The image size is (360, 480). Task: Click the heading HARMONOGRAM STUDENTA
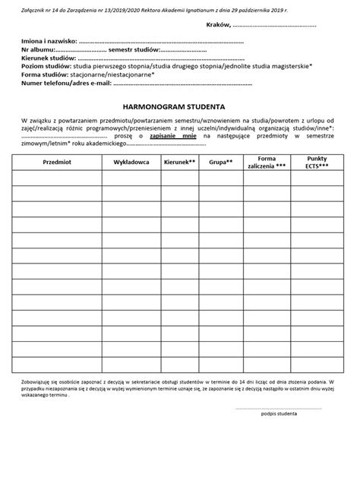180,107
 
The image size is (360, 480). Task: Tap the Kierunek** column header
179,163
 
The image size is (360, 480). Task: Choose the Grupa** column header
221,163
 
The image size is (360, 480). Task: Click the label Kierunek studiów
49,57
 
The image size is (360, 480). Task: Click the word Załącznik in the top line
35,6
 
